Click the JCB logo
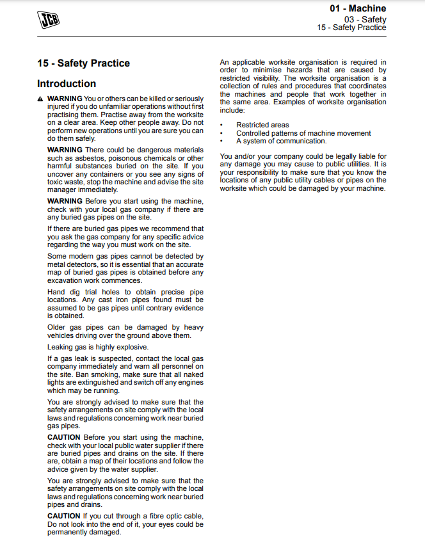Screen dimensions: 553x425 [47, 20]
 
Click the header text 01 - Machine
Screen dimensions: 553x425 [358, 8]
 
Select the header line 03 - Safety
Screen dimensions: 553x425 [365, 19]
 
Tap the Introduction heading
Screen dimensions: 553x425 [67, 84]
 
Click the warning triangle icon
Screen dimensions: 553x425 [40, 99]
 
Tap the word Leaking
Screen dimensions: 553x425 [61, 347]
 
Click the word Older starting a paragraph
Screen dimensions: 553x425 [57, 327]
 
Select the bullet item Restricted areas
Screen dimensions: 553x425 [262, 125]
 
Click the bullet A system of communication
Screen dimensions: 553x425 [281, 141]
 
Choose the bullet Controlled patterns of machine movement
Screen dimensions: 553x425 [303, 133]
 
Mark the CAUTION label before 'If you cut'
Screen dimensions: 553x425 [64, 516]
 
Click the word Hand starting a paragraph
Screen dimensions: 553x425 [56, 292]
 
